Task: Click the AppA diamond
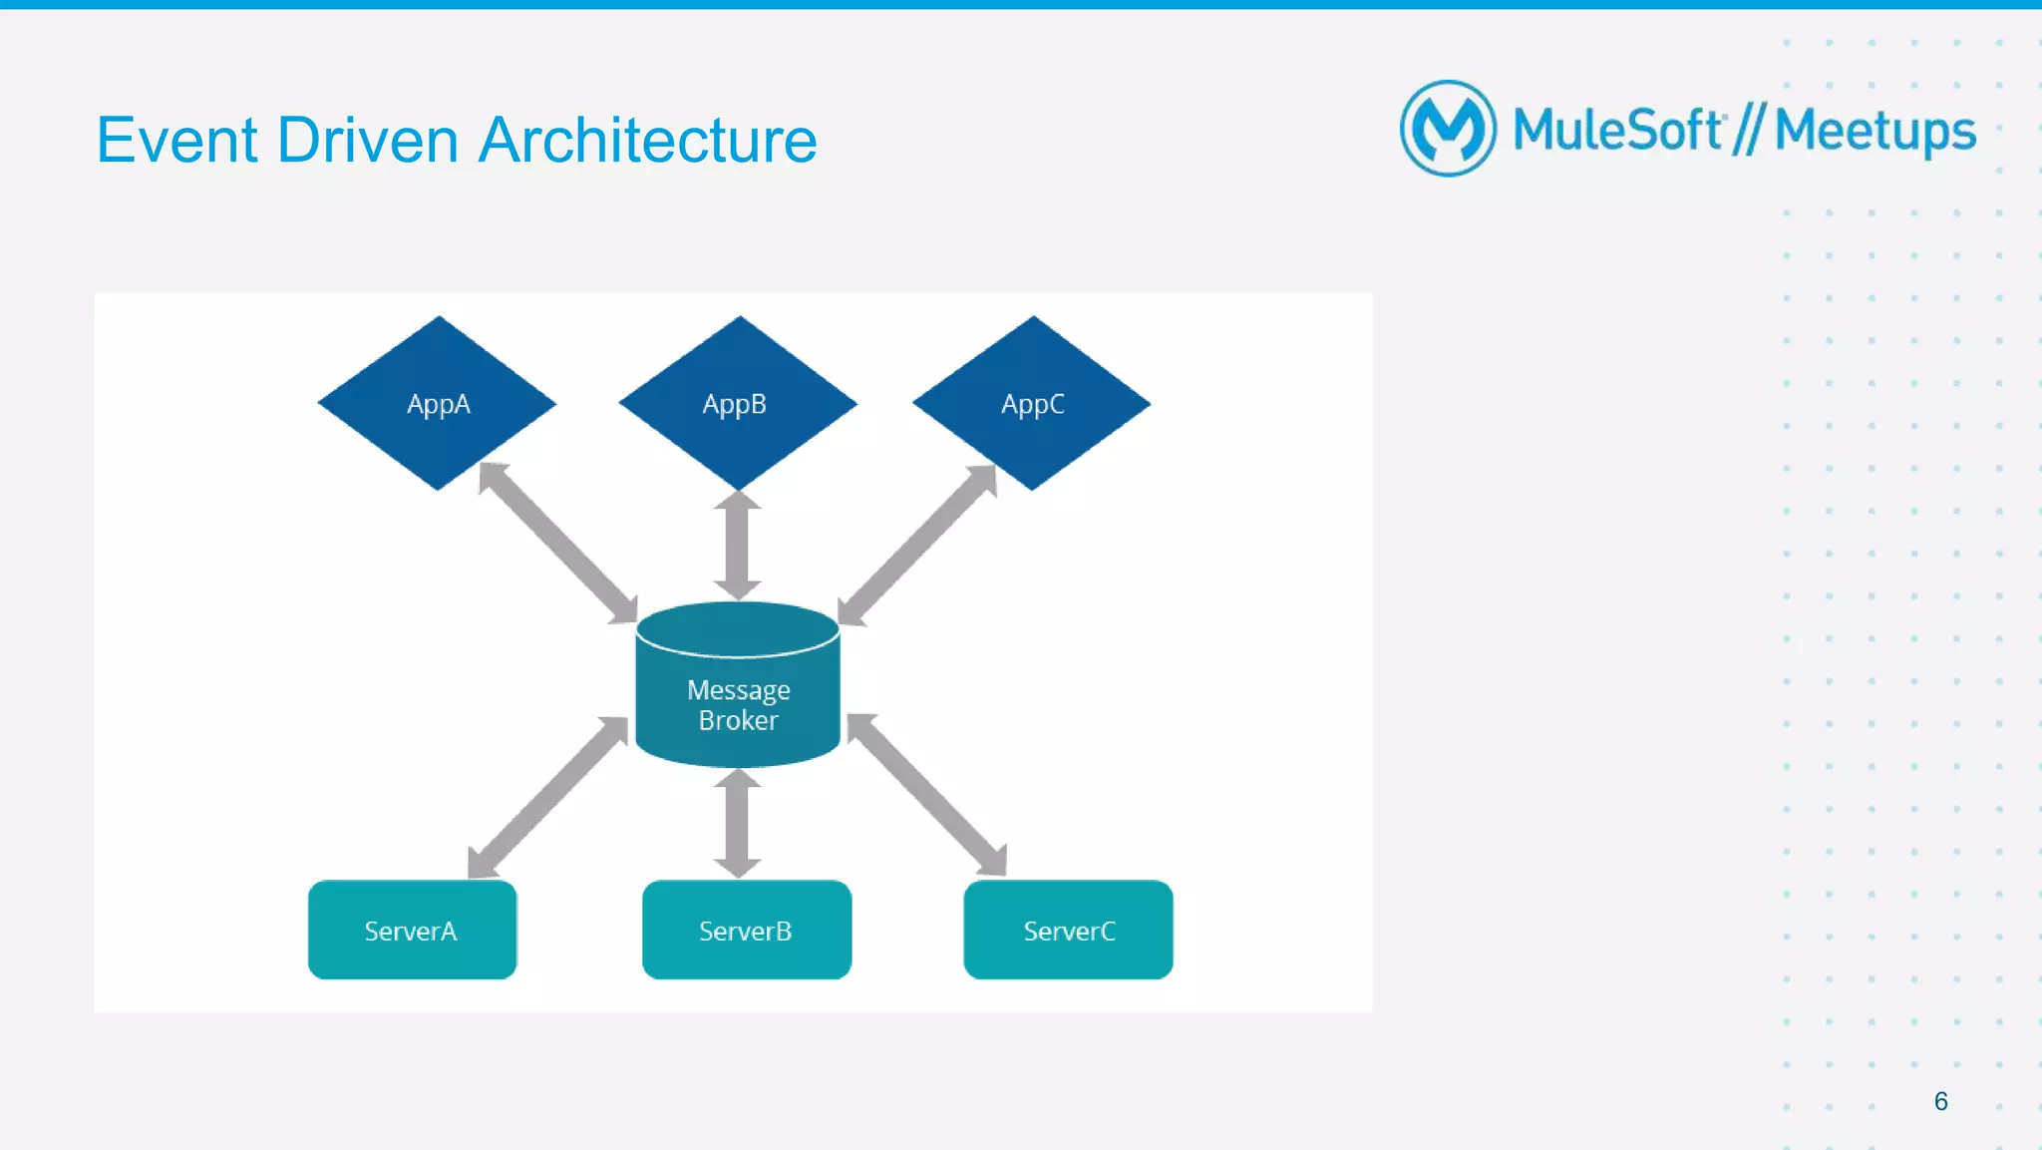(x=437, y=403)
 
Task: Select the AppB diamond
(x=737, y=403)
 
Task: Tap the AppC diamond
(x=1032, y=403)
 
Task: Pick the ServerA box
(x=412, y=930)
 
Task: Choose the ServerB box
(x=746, y=930)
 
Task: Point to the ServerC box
(x=1068, y=930)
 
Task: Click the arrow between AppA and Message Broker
(x=557, y=544)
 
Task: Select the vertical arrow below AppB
(x=738, y=545)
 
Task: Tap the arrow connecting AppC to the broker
(x=916, y=546)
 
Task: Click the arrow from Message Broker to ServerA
(x=547, y=798)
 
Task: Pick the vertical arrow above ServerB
(x=738, y=823)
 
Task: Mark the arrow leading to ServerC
(x=927, y=795)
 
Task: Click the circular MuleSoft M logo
(x=1448, y=129)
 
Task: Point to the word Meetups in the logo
(x=1874, y=132)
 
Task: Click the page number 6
(x=1940, y=1101)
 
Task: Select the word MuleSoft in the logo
(x=1617, y=130)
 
